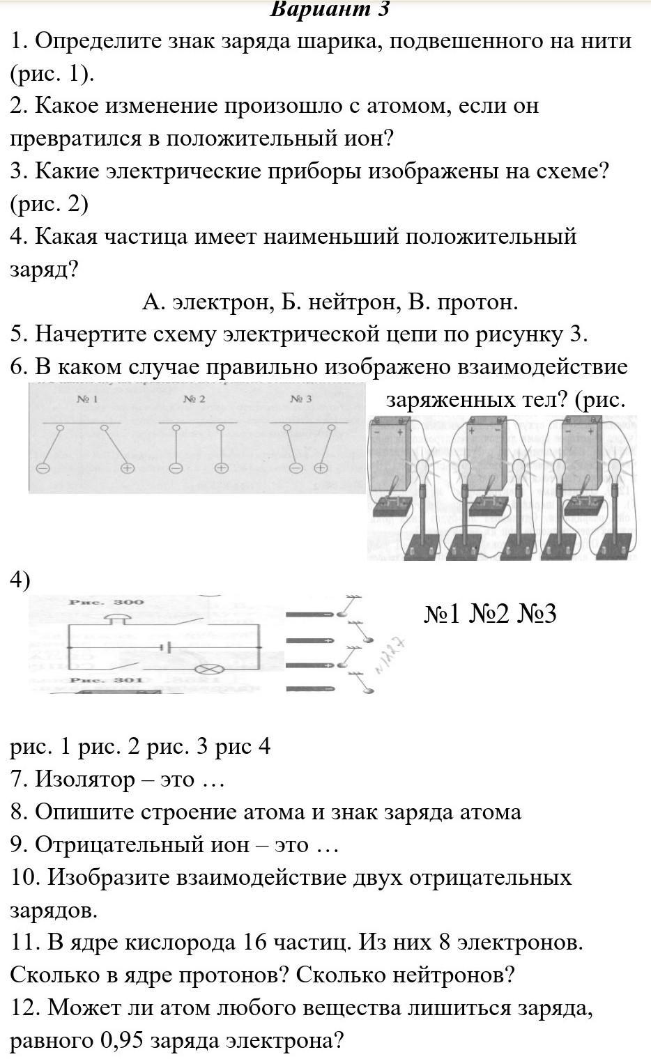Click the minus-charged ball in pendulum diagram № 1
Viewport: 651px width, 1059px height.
(43, 469)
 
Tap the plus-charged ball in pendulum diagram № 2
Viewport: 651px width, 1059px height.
(221, 468)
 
